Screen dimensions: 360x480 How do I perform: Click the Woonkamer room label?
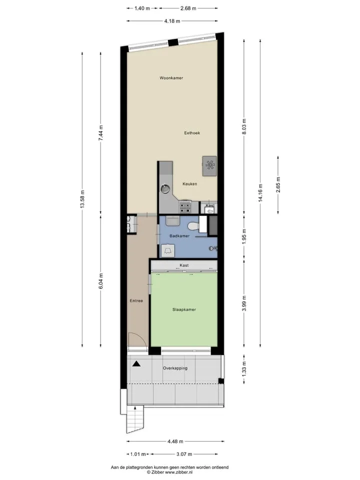pyautogui.click(x=171, y=78)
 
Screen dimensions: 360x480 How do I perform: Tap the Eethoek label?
pyautogui.click(x=192, y=133)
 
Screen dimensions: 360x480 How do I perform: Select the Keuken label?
pyautogui.click(x=190, y=184)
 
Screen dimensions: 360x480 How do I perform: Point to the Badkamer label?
pyautogui.click(x=179, y=236)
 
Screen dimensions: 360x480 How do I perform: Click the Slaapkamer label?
pyautogui.click(x=184, y=309)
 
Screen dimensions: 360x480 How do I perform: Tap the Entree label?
pyautogui.click(x=136, y=301)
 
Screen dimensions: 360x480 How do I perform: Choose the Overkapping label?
pyautogui.click(x=175, y=368)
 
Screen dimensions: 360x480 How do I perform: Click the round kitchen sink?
pyautogui.click(x=165, y=188)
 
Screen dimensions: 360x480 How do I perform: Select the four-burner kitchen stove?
pyautogui.click(x=185, y=206)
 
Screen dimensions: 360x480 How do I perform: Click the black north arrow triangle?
pyautogui.click(x=136, y=363)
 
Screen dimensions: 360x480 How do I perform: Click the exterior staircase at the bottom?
pyautogui.click(x=135, y=418)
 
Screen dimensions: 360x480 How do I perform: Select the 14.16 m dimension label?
pyautogui.click(x=260, y=193)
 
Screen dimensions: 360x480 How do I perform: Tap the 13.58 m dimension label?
pyautogui.click(x=82, y=199)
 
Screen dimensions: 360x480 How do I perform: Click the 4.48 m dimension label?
pyautogui.click(x=175, y=441)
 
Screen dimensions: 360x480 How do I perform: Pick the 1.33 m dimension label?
pyautogui.click(x=244, y=369)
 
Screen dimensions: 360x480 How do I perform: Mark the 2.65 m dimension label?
pyautogui.click(x=278, y=185)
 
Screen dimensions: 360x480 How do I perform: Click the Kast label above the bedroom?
pyautogui.click(x=184, y=265)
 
